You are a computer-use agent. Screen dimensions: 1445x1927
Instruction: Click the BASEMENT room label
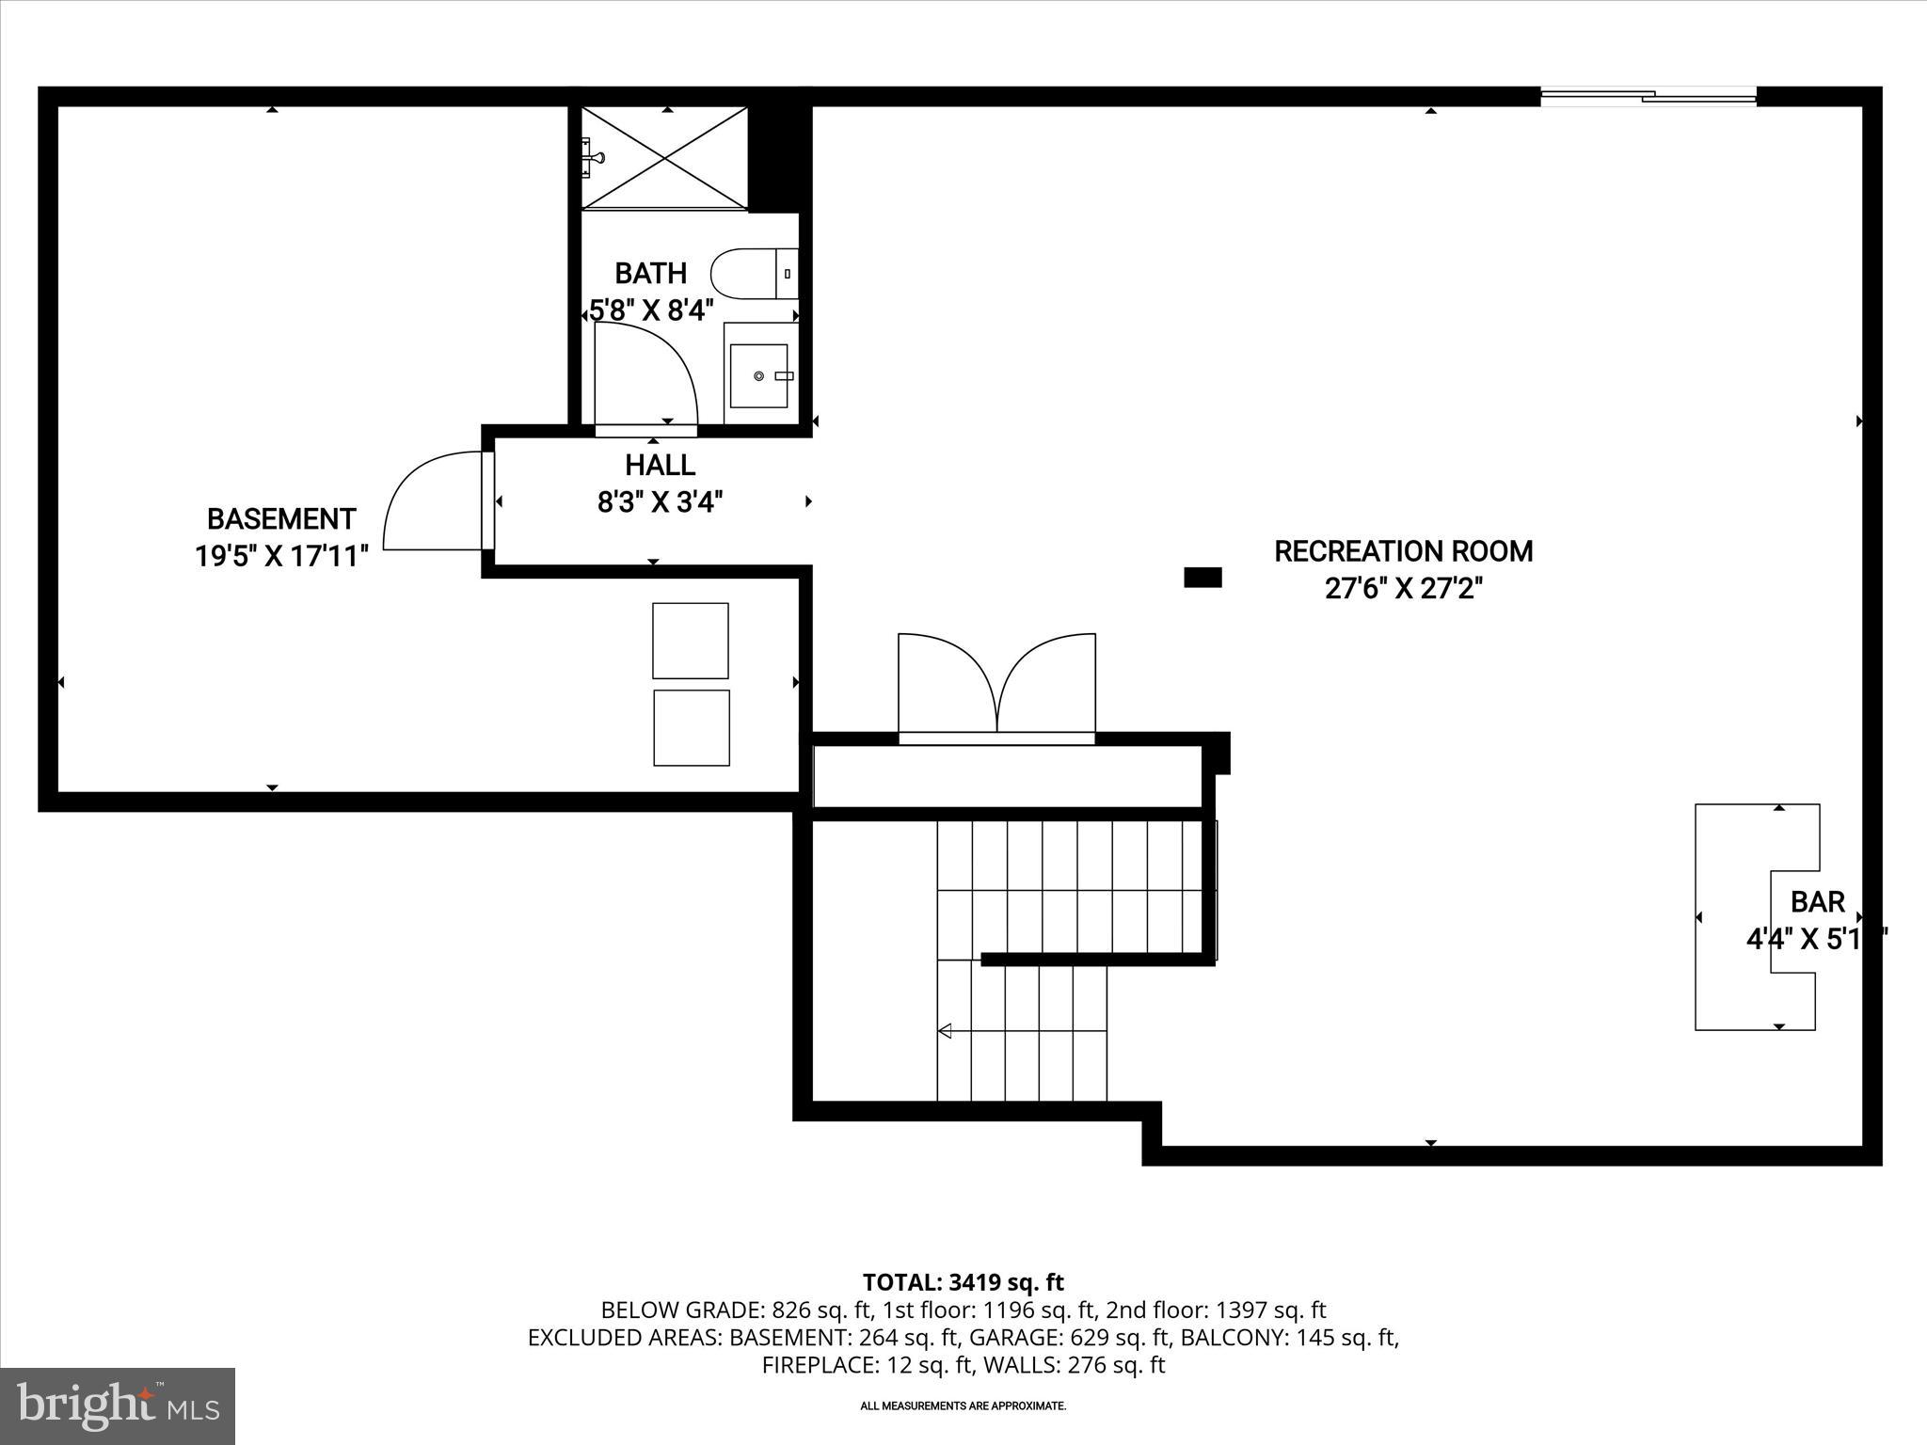280,519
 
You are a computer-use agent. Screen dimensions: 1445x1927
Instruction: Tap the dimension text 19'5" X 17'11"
280,557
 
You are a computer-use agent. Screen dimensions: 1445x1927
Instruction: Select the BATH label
650,274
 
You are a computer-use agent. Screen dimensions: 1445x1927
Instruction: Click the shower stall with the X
664,157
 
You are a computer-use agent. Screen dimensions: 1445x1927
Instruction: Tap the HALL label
660,466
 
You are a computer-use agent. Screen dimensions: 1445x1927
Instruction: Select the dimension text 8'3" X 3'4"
660,503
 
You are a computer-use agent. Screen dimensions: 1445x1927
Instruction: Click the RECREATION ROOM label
1403,551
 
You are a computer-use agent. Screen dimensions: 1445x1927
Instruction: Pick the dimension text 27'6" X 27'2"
1403,589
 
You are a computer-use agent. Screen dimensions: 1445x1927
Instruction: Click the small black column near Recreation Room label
1202,578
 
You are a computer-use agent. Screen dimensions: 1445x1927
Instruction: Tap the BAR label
1817,902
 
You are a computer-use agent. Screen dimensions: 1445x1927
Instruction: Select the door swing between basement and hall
433,501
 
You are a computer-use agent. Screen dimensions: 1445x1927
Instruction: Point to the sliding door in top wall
1648,95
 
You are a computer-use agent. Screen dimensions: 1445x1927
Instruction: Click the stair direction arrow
945,1031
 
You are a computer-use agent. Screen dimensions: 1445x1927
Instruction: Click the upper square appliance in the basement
690,641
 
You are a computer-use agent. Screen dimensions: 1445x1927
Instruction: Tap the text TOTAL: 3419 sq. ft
963,1282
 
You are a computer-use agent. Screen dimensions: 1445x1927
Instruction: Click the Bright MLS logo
118,1405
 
